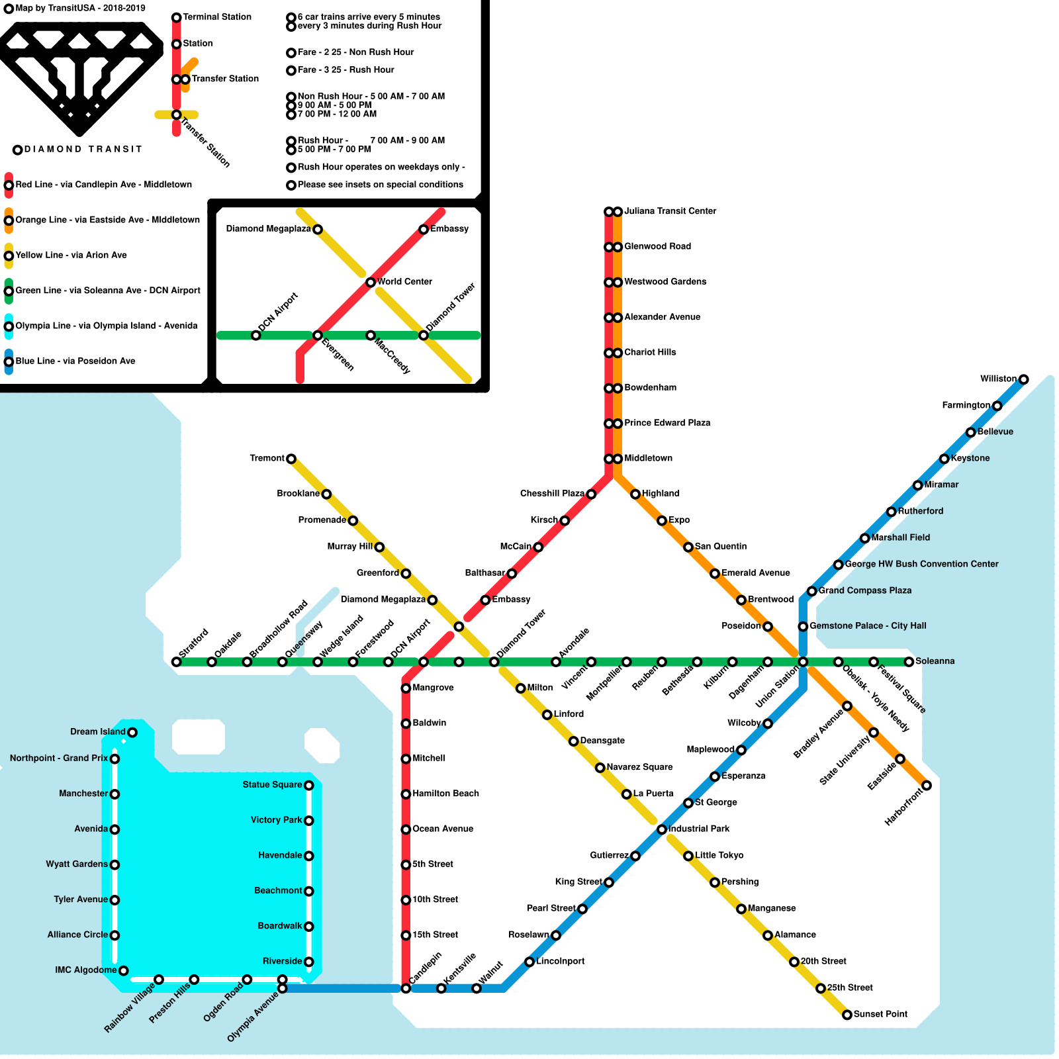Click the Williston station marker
(1023, 379)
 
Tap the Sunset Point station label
(880, 1014)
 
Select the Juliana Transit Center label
(670, 211)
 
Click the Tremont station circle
(291, 459)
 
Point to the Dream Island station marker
(132, 732)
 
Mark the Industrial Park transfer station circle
(662, 829)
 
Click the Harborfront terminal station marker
(927, 786)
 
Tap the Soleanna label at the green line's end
(935, 661)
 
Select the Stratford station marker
(176, 662)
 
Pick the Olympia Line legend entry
(106, 326)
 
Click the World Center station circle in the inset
(371, 283)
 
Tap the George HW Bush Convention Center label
(921, 564)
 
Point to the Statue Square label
(272, 785)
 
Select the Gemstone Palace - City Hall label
(868, 625)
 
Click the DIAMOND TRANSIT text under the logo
(83, 150)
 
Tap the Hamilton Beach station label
(445, 794)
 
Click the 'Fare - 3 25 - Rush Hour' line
(345, 69)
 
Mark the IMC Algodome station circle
(123, 970)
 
